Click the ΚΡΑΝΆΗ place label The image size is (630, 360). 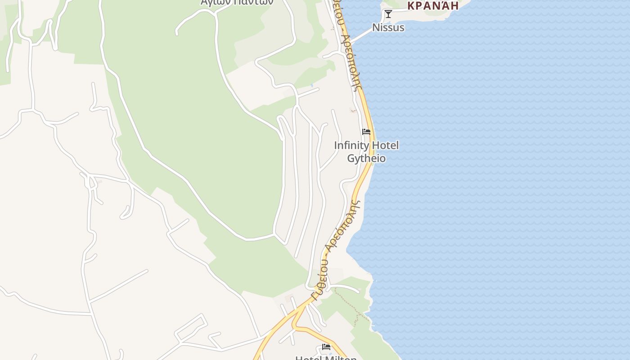(x=432, y=5)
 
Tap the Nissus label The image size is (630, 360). (x=388, y=27)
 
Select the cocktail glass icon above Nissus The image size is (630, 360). (x=388, y=14)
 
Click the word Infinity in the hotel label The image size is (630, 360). (x=351, y=145)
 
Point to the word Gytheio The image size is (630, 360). (x=366, y=158)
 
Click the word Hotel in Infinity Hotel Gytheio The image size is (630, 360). (x=384, y=145)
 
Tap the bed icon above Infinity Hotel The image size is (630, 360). (x=366, y=132)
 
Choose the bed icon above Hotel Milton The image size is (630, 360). (x=326, y=347)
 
